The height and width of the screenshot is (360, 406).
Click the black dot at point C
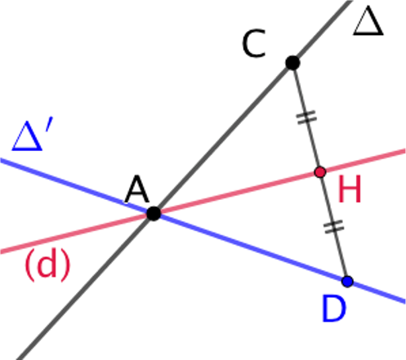(292, 63)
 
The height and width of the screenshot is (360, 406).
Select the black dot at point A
(154, 213)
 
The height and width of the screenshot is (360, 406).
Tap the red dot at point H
(320, 172)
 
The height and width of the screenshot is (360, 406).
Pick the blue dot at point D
(347, 282)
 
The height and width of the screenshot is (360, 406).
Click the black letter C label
(254, 43)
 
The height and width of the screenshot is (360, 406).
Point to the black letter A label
(137, 189)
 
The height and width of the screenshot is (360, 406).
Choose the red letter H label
(350, 189)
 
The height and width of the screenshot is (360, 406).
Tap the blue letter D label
(334, 309)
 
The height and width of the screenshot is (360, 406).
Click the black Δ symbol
(368, 21)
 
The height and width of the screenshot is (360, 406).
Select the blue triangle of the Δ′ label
(27, 136)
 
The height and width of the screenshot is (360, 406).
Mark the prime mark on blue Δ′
(49, 125)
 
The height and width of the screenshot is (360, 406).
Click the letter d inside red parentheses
(48, 263)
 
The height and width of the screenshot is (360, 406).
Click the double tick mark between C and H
(306, 118)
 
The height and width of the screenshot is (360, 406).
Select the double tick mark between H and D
(334, 227)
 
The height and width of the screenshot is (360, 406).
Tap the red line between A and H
(237, 193)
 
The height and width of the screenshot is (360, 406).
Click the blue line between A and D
(251, 247)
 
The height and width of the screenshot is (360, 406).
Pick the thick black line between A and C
(223, 138)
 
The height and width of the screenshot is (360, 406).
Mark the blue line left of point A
(77, 186)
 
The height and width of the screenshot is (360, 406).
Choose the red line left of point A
(77, 233)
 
